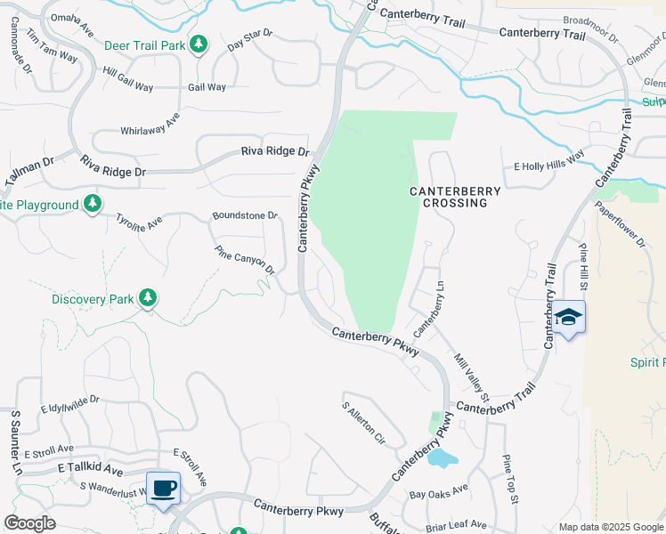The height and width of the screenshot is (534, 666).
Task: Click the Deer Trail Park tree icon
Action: point(199,44)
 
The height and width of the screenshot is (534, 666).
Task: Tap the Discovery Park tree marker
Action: point(149,298)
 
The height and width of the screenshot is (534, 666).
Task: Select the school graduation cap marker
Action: point(568,318)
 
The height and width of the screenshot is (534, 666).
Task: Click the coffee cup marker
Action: point(163,488)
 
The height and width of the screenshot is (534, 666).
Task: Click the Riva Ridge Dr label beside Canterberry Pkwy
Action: point(274,151)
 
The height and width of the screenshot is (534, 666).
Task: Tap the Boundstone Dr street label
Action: point(245,215)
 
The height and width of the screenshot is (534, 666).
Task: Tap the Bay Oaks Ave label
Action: point(438,490)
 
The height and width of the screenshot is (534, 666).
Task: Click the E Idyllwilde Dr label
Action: point(69,406)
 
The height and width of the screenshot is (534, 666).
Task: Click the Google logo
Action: point(29,523)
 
